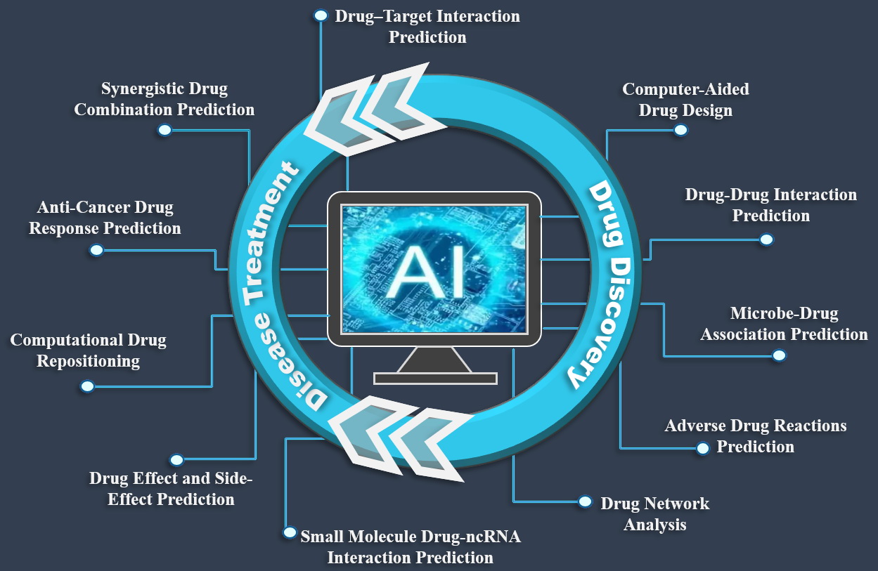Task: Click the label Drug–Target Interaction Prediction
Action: click(427, 27)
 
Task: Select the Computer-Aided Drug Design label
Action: click(685, 100)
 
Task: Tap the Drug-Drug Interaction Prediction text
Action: click(771, 205)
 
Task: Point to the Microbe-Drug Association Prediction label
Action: click(784, 324)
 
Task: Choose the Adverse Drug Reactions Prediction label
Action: click(756, 436)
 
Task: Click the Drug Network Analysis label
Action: click(654, 514)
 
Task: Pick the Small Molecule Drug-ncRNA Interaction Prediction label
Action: click(411, 547)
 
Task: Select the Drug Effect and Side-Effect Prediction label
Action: click(171, 489)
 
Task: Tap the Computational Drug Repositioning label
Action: click(89, 350)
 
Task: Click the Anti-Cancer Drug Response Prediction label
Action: click(105, 218)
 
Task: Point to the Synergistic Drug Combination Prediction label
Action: click(164, 99)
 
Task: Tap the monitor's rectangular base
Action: click(435, 379)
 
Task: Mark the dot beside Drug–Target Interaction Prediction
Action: click(321, 15)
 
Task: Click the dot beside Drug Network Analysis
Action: click(585, 501)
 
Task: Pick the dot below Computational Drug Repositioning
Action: click(88, 386)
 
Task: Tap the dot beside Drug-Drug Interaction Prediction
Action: click(766, 239)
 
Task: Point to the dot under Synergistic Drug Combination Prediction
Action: click(164, 130)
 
